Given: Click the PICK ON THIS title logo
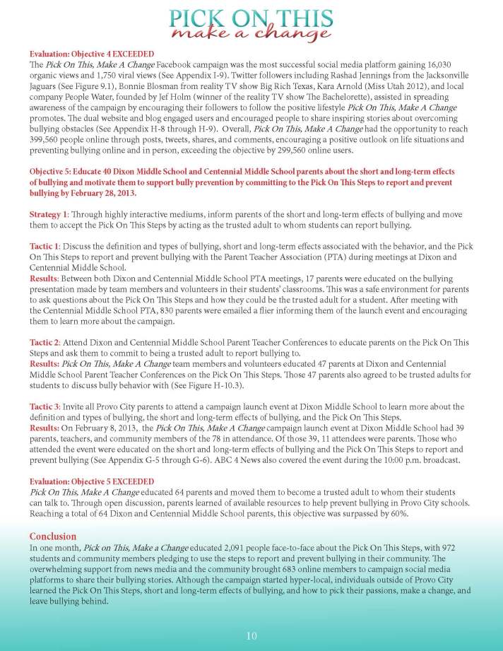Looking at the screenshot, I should click(251, 22).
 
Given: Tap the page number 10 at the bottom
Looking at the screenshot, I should click(251, 635).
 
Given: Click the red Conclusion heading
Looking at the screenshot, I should click(53, 536).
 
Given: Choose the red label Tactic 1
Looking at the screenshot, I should click(45, 244).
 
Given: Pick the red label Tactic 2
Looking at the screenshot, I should click(45, 341).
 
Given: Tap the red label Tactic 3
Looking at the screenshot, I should click(45, 406).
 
